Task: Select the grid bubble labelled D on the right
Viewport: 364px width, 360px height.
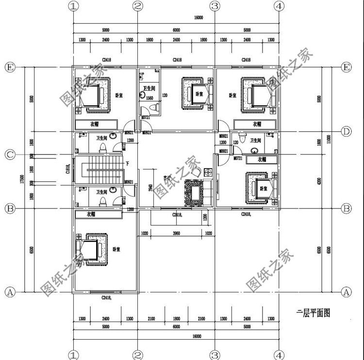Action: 346,131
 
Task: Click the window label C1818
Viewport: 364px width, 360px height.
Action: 68,169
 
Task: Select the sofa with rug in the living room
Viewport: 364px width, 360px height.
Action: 196,193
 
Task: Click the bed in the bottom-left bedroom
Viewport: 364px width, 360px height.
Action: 90,252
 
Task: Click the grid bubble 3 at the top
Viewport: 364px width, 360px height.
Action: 214,6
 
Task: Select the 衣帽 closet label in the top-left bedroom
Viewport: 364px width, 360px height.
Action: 95,124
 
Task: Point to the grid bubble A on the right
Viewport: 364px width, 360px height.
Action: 346,292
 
